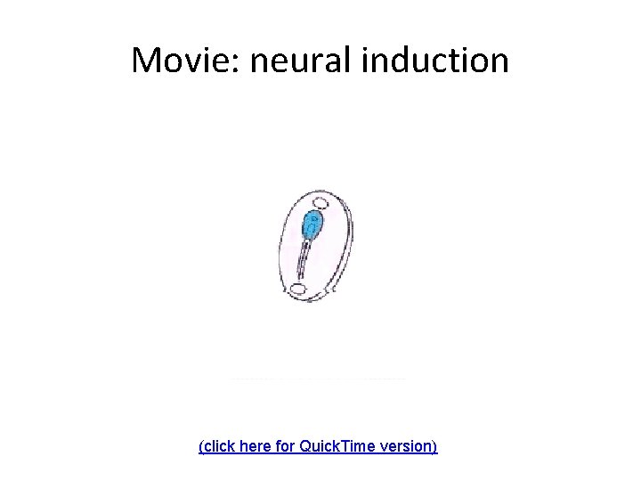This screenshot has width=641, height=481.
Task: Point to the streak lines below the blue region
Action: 304,262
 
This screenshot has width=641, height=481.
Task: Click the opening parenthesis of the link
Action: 201,444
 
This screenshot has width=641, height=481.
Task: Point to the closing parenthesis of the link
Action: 435,444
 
